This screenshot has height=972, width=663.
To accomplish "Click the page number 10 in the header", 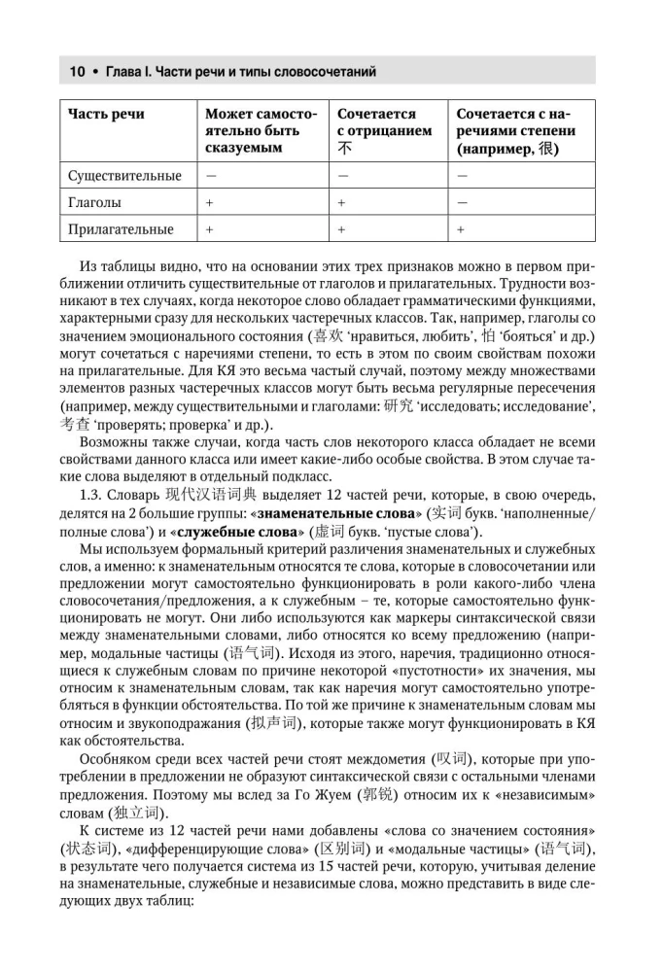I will click(x=76, y=72).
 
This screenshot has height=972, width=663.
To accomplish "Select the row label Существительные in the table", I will click(x=125, y=176).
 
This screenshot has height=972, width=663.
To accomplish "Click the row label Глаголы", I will click(x=95, y=203).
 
